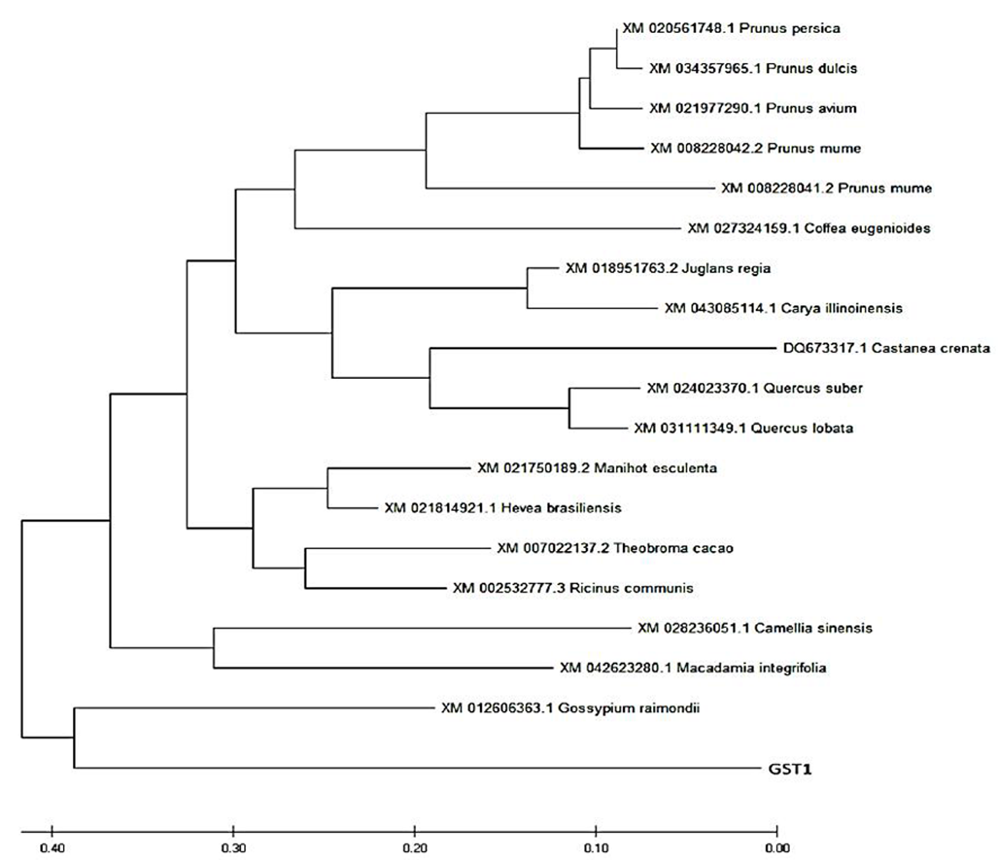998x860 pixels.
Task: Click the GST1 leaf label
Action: point(790,769)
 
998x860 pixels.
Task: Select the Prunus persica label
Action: point(731,28)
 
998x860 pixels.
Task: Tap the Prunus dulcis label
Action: point(753,68)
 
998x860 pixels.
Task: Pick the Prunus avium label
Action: point(753,108)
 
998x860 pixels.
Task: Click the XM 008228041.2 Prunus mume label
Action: point(827,188)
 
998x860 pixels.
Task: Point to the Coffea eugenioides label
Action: point(809,228)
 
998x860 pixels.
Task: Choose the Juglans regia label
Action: point(668,268)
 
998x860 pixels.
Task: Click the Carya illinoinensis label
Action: point(784,308)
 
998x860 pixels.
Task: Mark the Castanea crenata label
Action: point(887,348)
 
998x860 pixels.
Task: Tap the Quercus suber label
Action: point(754,388)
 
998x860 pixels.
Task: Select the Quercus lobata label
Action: point(744,428)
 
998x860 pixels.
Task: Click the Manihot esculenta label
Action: point(597,468)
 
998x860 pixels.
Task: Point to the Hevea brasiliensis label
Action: point(503,508)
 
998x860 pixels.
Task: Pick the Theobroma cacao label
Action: point(615,548)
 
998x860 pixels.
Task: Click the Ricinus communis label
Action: point(573,588)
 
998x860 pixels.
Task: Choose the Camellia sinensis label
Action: point(755,628)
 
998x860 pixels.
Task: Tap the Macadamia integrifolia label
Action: point(693,669)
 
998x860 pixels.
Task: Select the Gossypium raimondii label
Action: point(570,709)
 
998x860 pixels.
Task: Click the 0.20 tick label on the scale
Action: point(414,848)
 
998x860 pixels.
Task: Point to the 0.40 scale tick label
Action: point(53,848)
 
